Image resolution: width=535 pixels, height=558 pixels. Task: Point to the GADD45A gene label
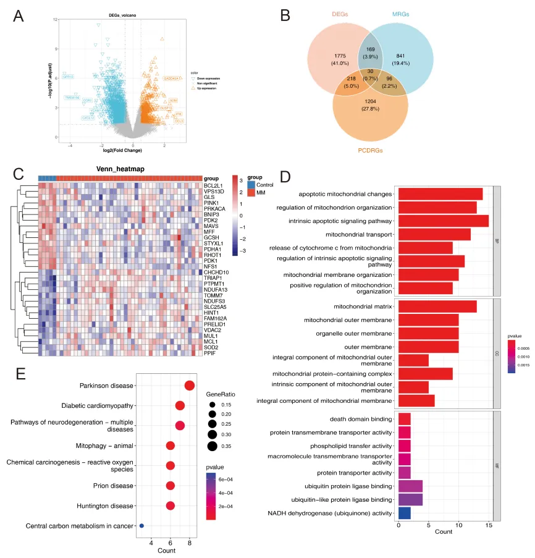point(172,78)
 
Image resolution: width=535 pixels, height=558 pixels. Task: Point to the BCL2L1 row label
point(214,185)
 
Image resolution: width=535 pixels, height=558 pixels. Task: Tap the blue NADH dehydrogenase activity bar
point(404,512)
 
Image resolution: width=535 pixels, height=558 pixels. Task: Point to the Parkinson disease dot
point(189,386)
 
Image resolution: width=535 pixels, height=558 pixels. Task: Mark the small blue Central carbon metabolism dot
point(141,526)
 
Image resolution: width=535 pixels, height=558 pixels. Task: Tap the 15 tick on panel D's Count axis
point(488,525)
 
